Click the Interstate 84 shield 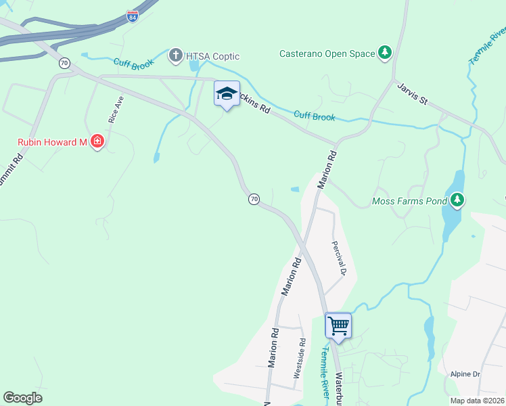pos(133,16)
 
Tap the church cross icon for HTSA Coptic pos(175,55)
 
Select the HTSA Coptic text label pos(214,56)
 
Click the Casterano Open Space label pos(327,53)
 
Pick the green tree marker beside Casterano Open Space pos(385,53)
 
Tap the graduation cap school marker pos(227,94)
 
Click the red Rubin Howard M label pos(53,141)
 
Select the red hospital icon pos(97,141)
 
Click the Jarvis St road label pos(413,94)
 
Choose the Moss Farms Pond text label pos(411,201)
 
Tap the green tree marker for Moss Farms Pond pos(458,200)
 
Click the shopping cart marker pos(338,325)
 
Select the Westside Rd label pos(299,358)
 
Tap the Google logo pos(22,398)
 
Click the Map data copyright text pos(478,401)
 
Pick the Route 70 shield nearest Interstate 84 pos(64,63)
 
